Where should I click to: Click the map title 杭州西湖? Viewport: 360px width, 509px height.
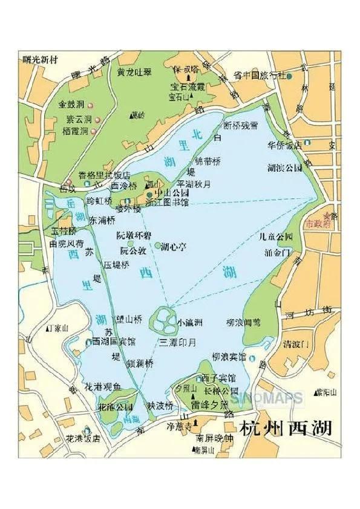[286, 429]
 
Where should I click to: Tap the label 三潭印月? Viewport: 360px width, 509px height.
[178, 342]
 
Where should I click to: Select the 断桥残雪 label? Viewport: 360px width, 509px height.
[241, 126]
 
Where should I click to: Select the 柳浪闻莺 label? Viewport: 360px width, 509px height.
[243, 323]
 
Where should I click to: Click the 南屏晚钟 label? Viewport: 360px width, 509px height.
[211, 438]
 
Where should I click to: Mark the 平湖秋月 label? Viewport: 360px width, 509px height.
[194, 183]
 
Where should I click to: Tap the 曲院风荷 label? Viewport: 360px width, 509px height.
[66, 244]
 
